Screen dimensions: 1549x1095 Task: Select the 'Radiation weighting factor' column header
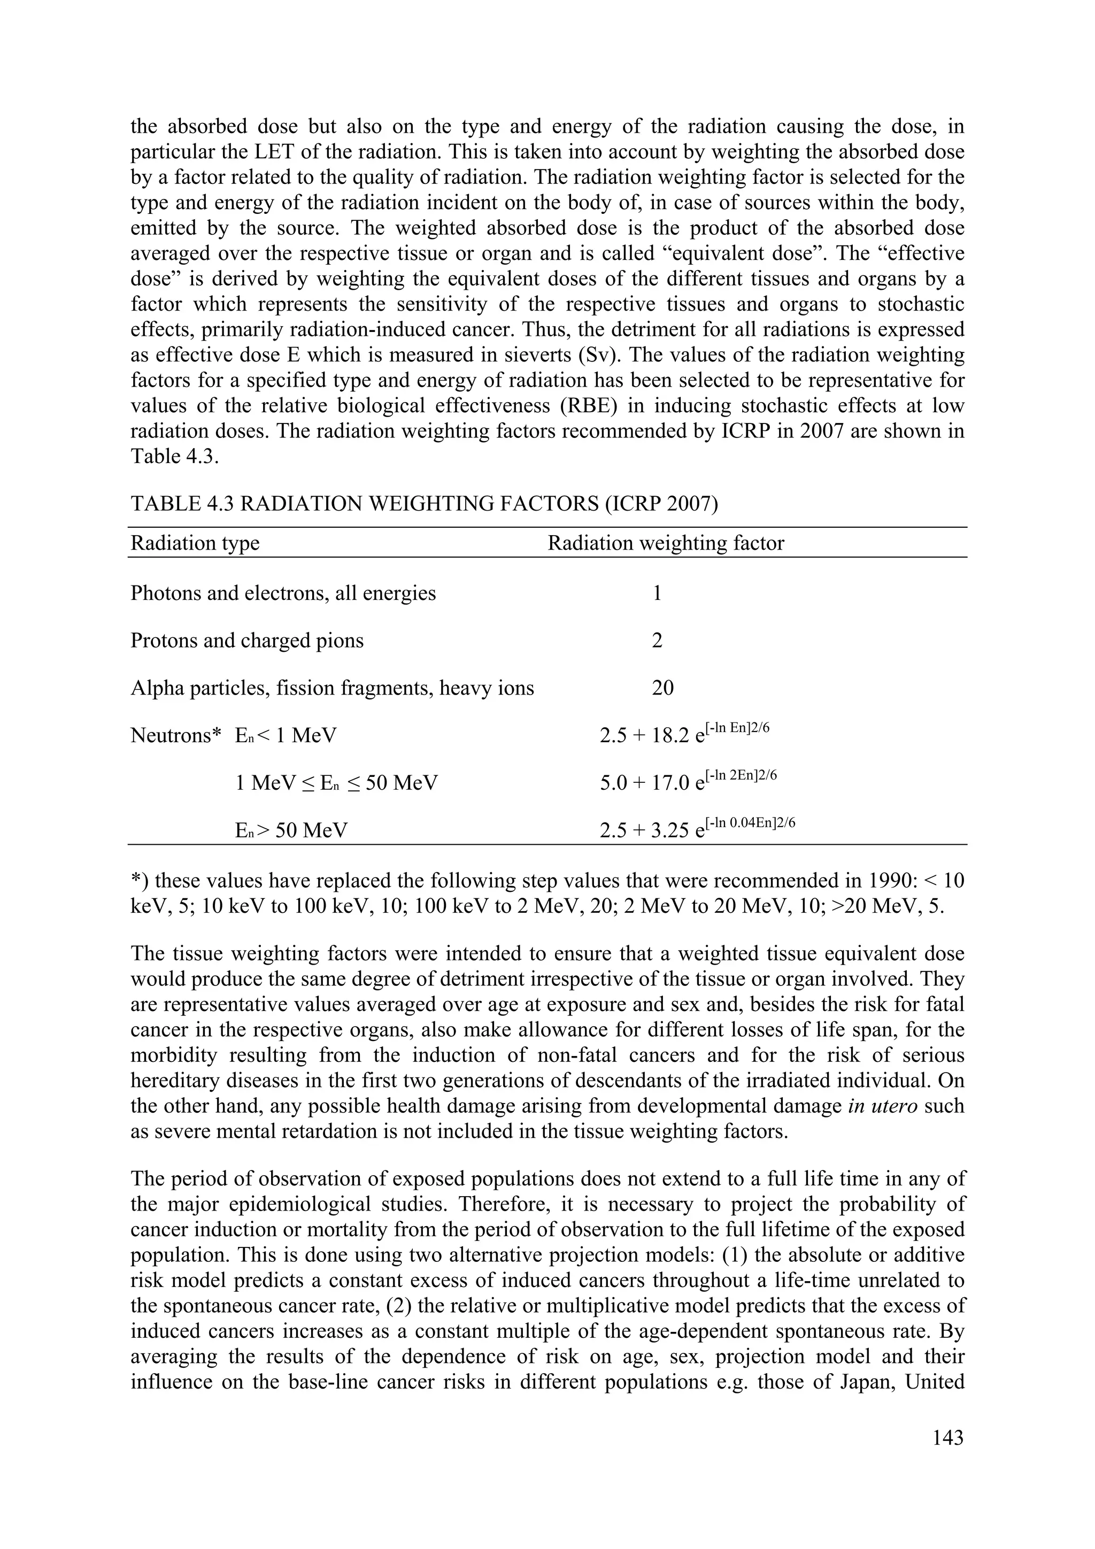[x=665, y=543]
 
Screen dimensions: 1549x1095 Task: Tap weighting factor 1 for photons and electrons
[x=657, y=593]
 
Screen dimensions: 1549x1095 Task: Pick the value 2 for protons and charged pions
[x=657, y=640]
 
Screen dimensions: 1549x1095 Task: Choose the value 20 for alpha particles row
[x=662, y=688]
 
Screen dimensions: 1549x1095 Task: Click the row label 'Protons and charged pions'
[x=247, y=640]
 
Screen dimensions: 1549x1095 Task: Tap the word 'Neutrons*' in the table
[x=175, y=735]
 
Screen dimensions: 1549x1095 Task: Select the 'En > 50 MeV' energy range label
[x=291, y=830]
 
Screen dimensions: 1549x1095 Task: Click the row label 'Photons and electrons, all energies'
[x=283, y=593]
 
